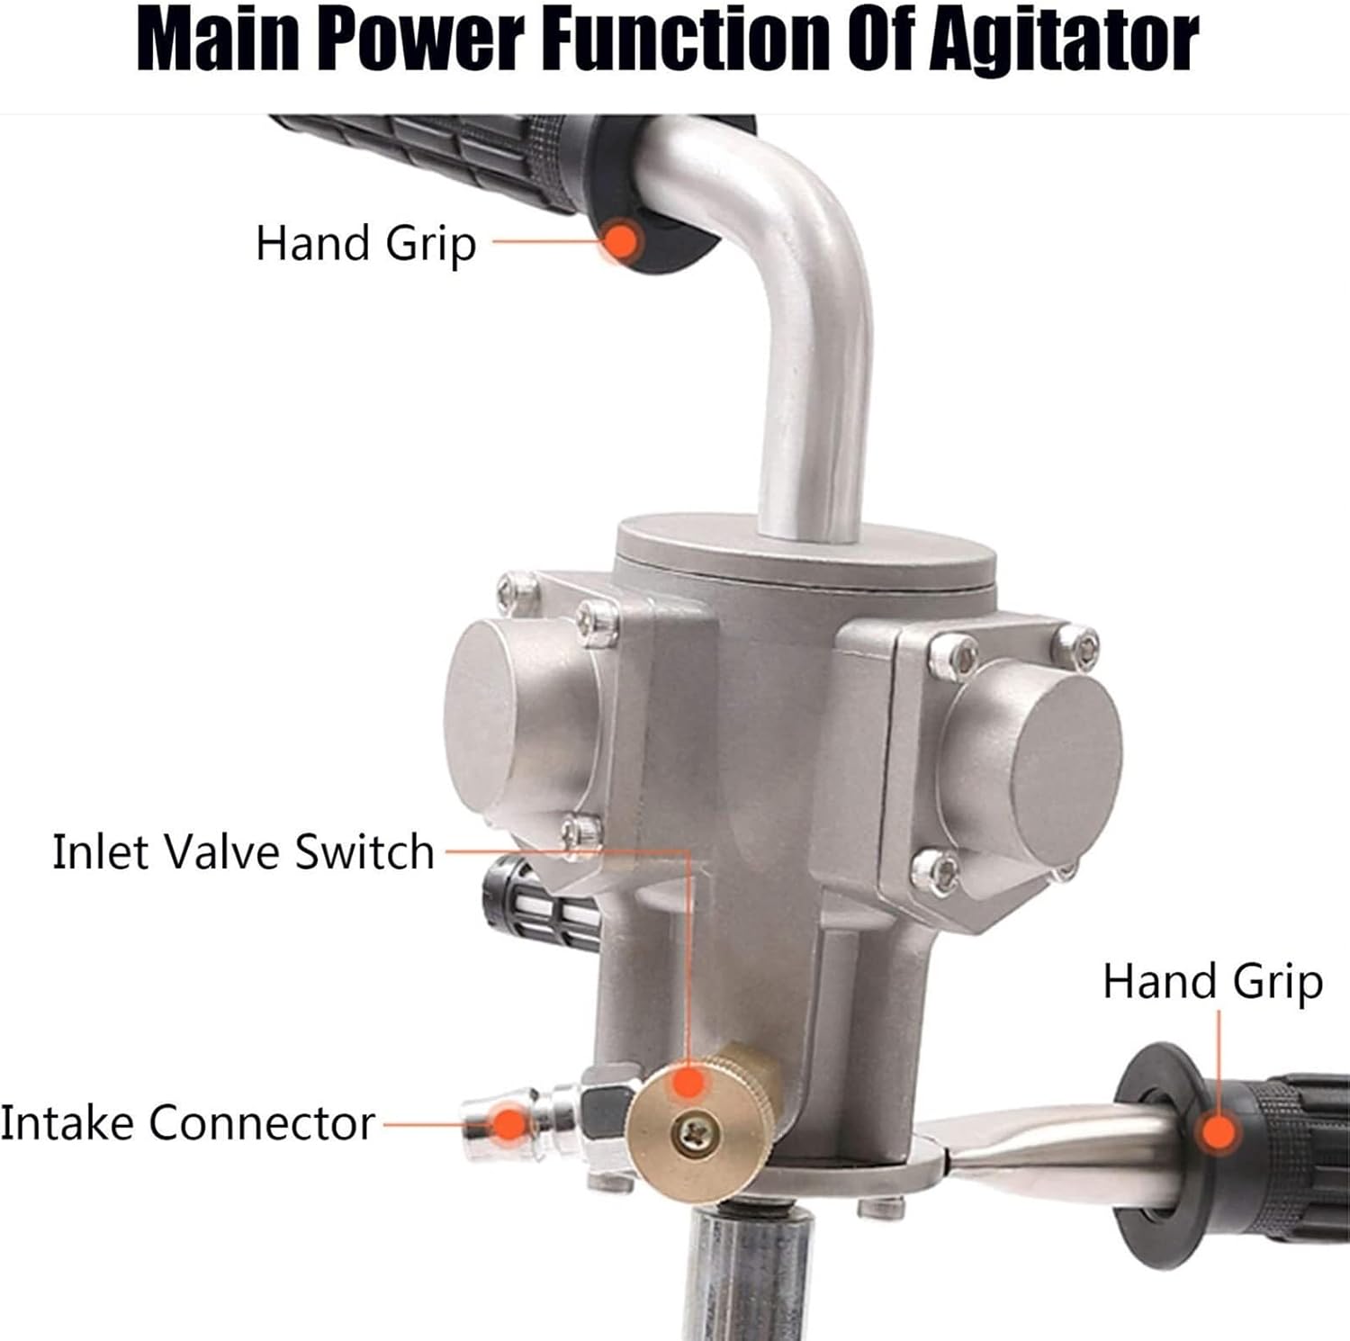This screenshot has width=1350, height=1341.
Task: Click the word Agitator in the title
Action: coord(1063,40)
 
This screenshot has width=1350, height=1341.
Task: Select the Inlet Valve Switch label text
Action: coord(243,851)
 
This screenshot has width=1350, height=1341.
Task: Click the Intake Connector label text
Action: coord(187,1123)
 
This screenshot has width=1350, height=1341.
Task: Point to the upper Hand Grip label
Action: coord(365,244)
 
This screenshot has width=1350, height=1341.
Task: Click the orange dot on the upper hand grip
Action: coord(620,241)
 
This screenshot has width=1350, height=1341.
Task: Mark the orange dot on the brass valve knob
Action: coord(688,1081)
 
